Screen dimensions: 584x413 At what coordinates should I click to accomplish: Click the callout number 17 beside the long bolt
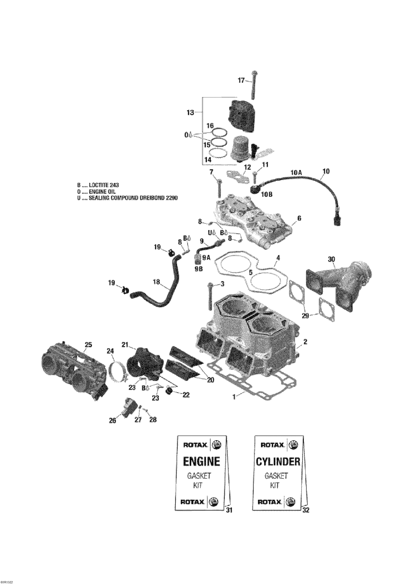(241, 81)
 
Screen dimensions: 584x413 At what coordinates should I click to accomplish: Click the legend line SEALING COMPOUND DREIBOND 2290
(127, 198)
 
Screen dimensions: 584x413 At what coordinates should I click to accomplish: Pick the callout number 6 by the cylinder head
(299, 218)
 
